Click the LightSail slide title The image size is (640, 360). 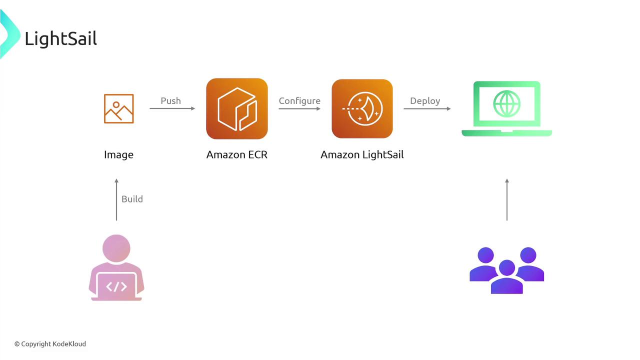click(x=61, y=39)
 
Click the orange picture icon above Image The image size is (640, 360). click(x=119, y=109)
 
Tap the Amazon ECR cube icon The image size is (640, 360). click(x=237, y=109)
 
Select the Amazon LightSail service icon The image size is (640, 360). click(x=362, y=109)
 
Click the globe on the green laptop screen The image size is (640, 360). click(x=507, y=103)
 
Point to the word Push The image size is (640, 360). click(x=170, y=101)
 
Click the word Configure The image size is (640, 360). click(x=299, y=101)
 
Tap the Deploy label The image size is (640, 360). click(x=425, y=101)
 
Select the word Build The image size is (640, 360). click(x=132, y=199)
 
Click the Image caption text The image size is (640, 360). click(x=118, y=155)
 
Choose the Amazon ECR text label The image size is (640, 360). click(x=237, y=154)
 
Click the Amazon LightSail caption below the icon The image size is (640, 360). click(x=362, y=155)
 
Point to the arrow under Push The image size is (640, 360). click(x=172, y=108)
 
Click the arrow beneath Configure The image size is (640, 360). click(x=299, y=108)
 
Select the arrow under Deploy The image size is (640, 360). click(x=427, y=108)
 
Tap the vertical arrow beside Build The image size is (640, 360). click(x=116, y=199)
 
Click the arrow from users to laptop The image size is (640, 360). click(x=507, y=199)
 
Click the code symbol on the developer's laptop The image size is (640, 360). click(x=116, y=286)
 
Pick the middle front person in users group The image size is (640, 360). click(x=507, y=276)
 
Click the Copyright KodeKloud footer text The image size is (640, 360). click(x=50, y=344)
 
